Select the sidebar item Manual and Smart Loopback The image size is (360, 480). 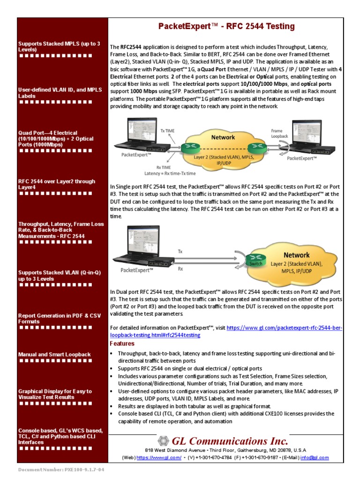[54, 354]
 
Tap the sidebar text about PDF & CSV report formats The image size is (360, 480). [56, 319]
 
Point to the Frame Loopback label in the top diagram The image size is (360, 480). [277, 134]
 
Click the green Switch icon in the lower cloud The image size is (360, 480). [256, 258]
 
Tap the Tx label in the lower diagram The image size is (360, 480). [180, 252]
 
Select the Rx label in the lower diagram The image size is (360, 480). [180, 269]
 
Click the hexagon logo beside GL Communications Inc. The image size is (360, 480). [163, 441]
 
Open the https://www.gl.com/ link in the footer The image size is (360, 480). [159, 457]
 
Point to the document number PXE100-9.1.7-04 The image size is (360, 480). [61, 469]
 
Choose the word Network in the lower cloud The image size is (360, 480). [296, 255]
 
